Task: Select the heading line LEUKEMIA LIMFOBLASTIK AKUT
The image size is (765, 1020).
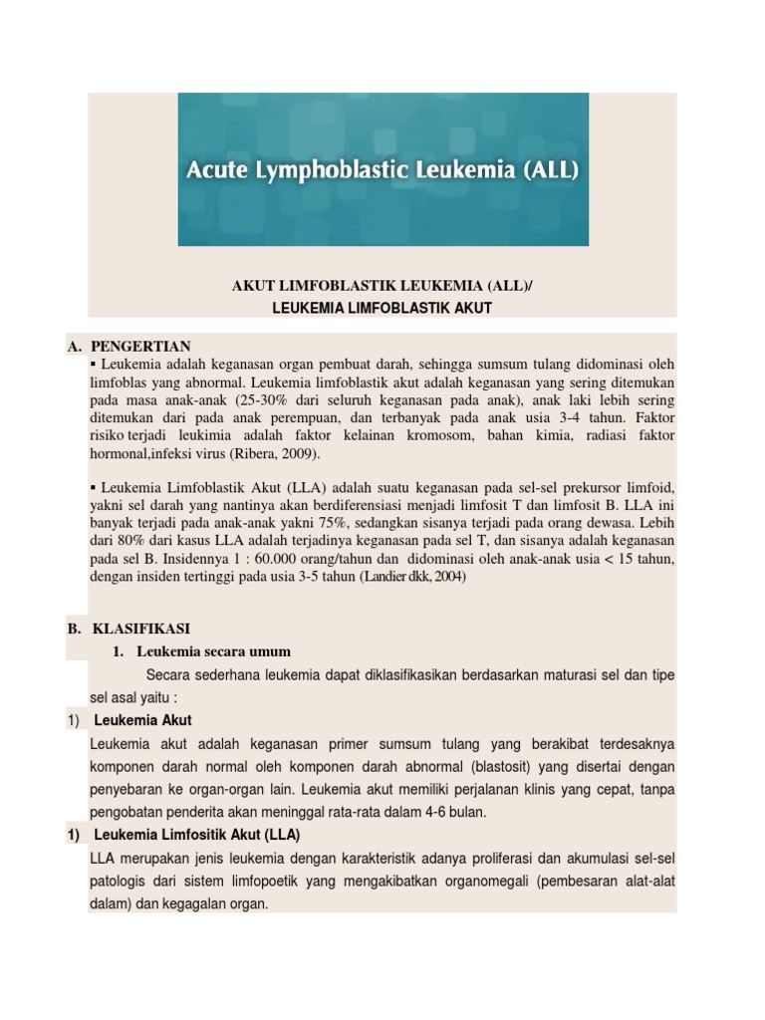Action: coord(382,309)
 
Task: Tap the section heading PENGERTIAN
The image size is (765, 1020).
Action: coord(140,347)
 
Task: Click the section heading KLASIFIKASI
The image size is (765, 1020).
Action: coord(140,630)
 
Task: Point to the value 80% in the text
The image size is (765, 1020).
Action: coord(131,540)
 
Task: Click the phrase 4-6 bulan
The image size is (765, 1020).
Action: coord(454,812)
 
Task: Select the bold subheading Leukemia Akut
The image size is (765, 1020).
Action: coord(142,720)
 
